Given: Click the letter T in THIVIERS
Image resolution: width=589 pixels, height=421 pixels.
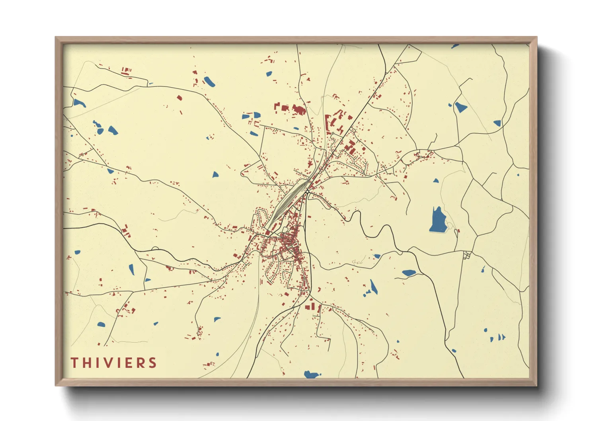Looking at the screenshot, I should pyautogui.click(x=74, y=363).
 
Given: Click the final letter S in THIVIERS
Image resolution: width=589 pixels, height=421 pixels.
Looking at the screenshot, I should pyautogui.click(x=152, y=363).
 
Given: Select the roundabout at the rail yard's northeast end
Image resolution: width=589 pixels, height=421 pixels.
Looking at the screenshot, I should pyautogui.click(x=308, y=192).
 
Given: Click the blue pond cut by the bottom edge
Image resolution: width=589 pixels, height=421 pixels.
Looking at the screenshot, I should pyautogui.click(x=312, y=374).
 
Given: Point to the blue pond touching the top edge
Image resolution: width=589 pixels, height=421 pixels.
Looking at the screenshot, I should pyautogui.click(x=455, y=46).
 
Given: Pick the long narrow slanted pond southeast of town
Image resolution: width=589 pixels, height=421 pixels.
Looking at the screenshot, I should pyautogui.click(x=373, y=287).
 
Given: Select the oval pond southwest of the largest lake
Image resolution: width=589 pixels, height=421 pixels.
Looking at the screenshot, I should pyautogui.click(x=409, y=273).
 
